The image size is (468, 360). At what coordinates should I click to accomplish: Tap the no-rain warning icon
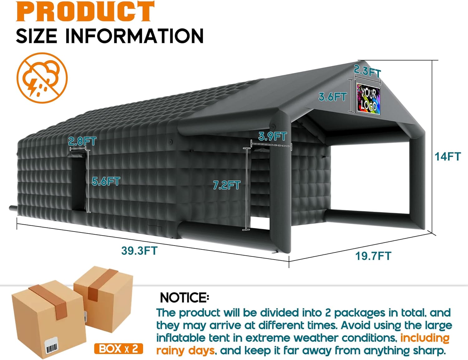pos(42,78)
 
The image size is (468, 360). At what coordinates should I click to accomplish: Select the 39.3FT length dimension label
pos(139,250)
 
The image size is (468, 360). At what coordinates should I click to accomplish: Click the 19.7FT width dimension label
pos(373,256)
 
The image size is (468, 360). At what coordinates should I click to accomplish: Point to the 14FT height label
pos(448,156)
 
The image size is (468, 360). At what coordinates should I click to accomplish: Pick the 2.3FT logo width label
pos(367,72)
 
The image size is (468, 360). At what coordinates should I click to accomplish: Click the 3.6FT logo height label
pos(333,97)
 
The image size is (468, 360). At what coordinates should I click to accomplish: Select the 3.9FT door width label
pos(272,136)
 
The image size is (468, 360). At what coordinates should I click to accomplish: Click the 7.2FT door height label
pos(227,185)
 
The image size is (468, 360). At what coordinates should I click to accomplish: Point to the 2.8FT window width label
pos(82,141)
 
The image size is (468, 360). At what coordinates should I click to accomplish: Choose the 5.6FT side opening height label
pos(106,181)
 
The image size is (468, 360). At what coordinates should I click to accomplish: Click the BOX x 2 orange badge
pos(119,348)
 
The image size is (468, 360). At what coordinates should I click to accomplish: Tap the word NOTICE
pos(184,298)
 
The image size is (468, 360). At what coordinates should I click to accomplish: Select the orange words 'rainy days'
pos(185,351)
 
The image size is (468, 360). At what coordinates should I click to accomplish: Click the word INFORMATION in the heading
pos(134,36)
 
